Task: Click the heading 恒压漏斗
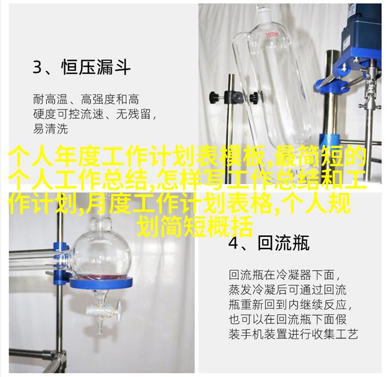(96, 67)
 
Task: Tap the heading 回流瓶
(283, 243)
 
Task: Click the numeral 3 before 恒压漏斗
(37, 67)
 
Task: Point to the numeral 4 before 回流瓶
(233, 243)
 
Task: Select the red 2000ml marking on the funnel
(273, 34)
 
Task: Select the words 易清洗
(50, 129)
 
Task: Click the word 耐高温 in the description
(50, 99)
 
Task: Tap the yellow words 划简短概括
(195, 227)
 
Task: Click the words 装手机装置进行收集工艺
(294, 333)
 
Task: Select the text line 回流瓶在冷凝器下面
(282, 275)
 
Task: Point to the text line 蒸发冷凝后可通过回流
(287, 289)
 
